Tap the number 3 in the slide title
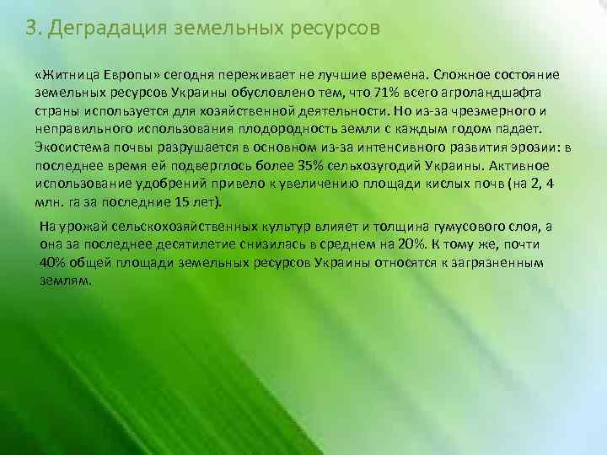pos(31,28)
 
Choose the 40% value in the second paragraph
pos(53,262)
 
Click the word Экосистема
pos(71,146)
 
